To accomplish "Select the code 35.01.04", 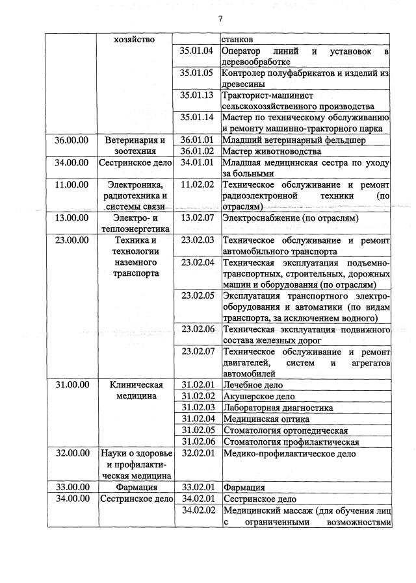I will pos(197,51).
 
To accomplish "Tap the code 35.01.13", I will pos(197,95).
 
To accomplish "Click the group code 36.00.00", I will pos(71,140).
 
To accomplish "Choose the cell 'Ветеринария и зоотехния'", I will pos(135,145).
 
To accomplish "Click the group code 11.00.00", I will pos(71,184).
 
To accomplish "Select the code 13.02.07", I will pos(197,217).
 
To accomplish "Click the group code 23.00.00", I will pos(71,240).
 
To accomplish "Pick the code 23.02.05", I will pos(197,295).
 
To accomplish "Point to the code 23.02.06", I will pos(197,329).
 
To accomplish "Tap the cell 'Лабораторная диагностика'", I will pos(278,408).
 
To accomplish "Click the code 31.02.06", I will pos(197,441).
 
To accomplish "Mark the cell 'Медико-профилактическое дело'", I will pos(289,453).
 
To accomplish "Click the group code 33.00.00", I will pos(71,487).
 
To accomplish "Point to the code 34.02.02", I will pos(197,510).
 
